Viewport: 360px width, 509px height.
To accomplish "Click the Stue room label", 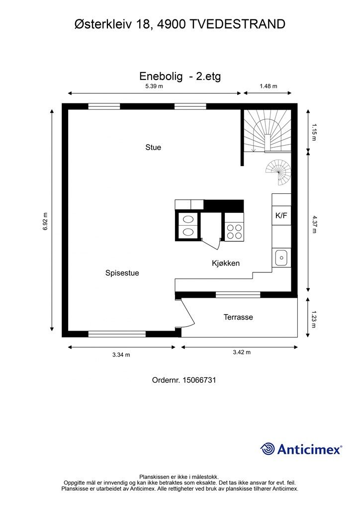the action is (x=153, y=147).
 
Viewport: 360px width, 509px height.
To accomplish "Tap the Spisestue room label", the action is (x=122, y=273).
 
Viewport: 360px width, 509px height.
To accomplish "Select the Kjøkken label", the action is (x=226, y=263).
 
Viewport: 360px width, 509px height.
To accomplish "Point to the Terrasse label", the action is (x=238, y=317).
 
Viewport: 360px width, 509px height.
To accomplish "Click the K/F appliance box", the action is (x=281, y=216).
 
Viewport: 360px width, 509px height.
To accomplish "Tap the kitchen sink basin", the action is (x=281, y=258).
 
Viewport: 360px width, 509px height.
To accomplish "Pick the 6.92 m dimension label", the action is (x=45, y=222).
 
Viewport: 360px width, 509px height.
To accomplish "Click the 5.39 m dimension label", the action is (x=154, y=86).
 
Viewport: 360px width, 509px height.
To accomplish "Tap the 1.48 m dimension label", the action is (x=269, y=86).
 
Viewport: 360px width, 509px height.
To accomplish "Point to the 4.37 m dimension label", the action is (x=314, y=224).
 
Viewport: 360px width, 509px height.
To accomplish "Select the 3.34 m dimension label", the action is (x=121, y=355).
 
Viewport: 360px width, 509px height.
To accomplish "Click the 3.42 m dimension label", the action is (x=242, y=352).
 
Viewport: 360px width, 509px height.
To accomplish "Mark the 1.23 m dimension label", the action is (x=314, y=320).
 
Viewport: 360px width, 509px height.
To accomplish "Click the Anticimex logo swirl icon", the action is (x=267, y=449).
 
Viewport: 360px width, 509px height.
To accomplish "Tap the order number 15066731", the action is (x=199, y=380).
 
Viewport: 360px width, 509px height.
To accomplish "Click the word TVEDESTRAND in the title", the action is (x=237, y=24).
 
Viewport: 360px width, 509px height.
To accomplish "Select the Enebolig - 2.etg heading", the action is (x=180, y=77).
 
